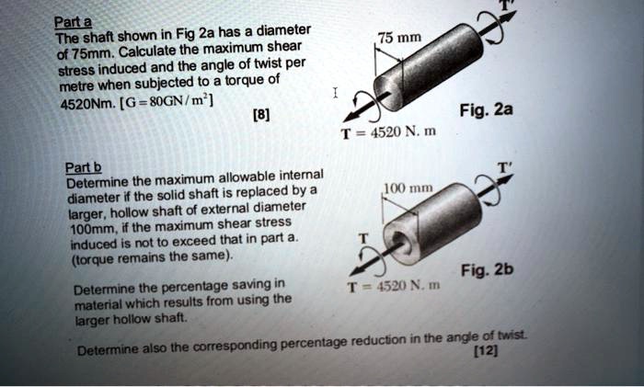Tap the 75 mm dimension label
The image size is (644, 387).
click(401, 39)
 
